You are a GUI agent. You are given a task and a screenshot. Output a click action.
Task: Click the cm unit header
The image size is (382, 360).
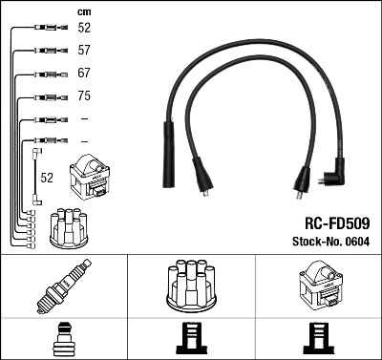coord(83,11)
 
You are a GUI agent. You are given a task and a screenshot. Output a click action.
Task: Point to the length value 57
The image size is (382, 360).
coord(84,51)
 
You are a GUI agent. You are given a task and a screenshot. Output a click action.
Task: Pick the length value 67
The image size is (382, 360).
coord(84,74)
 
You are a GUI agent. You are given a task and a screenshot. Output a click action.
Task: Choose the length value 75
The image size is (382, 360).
coord(84,96)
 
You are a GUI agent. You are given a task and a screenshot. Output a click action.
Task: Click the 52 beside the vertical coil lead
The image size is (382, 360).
coord(47,178)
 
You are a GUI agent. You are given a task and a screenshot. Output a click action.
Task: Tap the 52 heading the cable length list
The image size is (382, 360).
coord(84,29)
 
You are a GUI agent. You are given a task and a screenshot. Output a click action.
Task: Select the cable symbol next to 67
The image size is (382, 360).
coord(48,74)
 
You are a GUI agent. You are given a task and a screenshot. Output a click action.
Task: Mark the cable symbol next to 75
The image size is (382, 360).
coord(48,96)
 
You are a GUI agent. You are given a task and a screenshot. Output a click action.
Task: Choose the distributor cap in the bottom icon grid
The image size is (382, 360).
coord(190,286)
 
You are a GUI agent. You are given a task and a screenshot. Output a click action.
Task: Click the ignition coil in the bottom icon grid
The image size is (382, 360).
coord(318,286)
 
